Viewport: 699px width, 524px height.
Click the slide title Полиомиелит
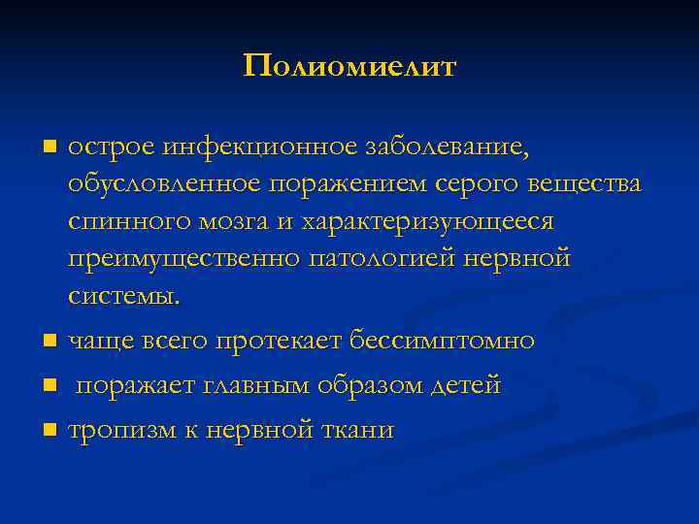point(349,66)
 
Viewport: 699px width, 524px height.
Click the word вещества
point(589,185)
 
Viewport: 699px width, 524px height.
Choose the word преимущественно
point(183,259)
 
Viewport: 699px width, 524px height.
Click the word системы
point(123,296)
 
